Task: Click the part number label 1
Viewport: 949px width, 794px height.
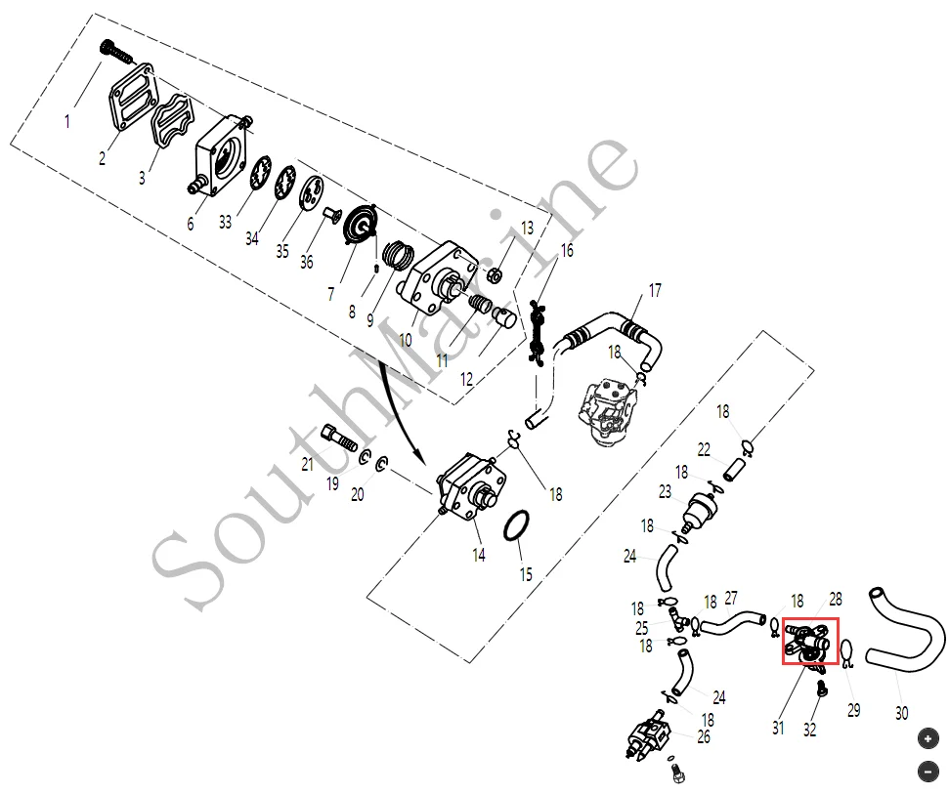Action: pyautogui.click(x=67, y=122)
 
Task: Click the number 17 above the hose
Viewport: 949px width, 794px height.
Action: pyautogui.click(x=654, y=290)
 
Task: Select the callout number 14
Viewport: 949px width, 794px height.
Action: pyautogui.click(x=478, y=556)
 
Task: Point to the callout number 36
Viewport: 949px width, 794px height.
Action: pyautogui.click(x=307, y=262)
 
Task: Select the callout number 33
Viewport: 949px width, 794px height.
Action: pyautogui.click(x=225, y=222)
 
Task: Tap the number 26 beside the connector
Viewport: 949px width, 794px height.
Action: pyautogui.click(x=704, y=736)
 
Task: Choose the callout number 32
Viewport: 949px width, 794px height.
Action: pyautogui.click(x=809, y=729)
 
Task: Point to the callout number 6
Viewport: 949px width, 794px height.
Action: pyautogui.click(x=191, y=224)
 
